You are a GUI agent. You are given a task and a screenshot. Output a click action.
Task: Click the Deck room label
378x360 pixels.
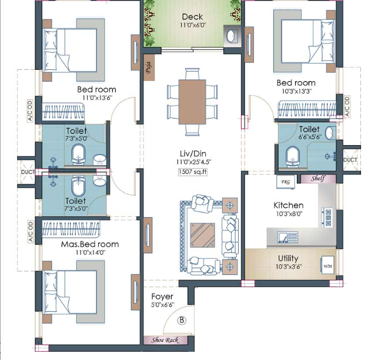tap(192, 17)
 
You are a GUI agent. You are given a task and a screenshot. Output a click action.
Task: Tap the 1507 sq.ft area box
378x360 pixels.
tap(193, 172)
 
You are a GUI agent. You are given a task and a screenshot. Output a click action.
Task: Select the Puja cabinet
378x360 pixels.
tap(149, 68)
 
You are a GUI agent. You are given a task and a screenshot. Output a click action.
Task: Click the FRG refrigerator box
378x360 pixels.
tap(286, 182)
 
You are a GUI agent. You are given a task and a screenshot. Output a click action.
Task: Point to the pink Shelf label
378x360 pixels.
tap(318, 179)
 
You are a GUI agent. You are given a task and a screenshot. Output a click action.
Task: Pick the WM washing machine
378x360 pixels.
tap(327, 266)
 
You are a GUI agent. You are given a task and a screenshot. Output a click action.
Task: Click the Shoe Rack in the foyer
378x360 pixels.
tap(165, 340)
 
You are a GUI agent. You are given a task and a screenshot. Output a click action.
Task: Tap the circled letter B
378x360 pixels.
tap(182, 320)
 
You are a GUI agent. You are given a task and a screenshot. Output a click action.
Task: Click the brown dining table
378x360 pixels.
tap(192, 102)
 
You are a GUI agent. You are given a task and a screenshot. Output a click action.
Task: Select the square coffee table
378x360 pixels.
tap(202, 235)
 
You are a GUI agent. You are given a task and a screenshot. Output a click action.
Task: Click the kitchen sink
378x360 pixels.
tap(287, 237)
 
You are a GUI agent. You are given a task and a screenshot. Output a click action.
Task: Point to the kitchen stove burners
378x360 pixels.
tap(328, 218)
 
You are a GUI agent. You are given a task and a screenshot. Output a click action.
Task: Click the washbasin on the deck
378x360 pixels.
tap(232, 36)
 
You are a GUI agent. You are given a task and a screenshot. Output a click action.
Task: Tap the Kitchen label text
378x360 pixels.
tap(289, 206)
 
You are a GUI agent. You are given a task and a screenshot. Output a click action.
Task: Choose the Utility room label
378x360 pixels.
tap(288, 258)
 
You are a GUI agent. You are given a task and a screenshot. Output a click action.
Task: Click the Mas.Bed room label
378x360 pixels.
tap(90, 244)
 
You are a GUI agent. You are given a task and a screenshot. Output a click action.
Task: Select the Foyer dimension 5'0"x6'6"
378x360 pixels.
tap(162, 305)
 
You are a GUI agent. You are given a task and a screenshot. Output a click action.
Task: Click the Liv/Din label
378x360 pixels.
tap(193, 154)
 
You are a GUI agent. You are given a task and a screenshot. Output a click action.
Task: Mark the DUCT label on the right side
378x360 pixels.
tap(350, 160)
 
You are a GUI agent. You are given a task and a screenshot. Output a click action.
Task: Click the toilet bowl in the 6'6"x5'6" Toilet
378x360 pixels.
tap(292, 157)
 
